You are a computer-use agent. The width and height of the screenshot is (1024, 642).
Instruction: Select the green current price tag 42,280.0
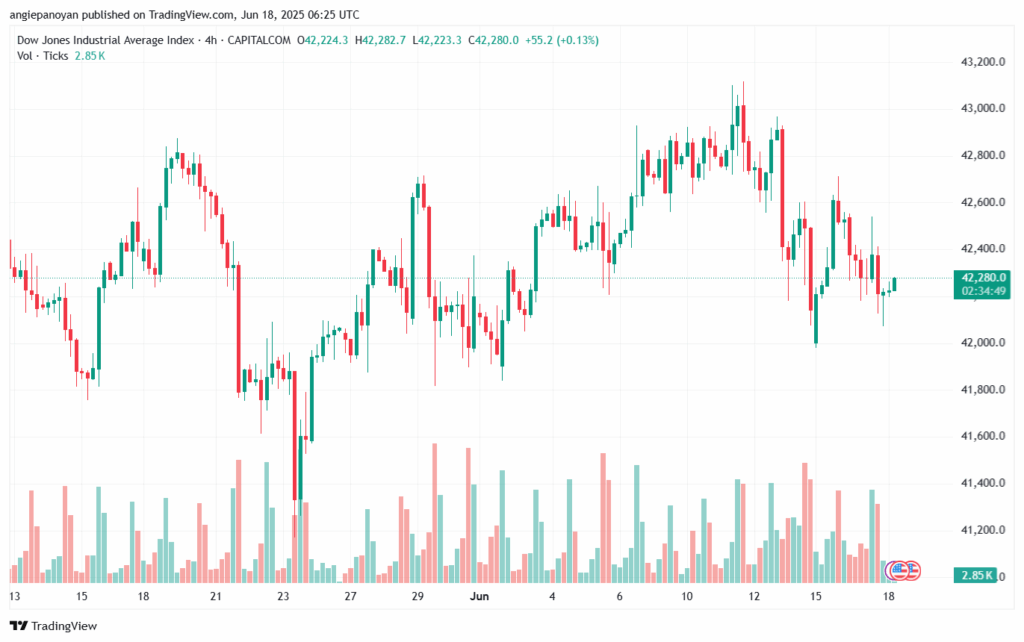[979, 277]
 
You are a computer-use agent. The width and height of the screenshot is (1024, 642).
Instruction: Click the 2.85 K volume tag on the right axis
[976, 576]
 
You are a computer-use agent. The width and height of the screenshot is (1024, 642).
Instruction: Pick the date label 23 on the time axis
[283, 597]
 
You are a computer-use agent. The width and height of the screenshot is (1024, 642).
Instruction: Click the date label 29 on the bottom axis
[417, 597]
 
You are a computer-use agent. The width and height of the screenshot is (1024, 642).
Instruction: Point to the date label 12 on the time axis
[754, 597]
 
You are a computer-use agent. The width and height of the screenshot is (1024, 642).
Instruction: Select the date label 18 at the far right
[889, 597]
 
